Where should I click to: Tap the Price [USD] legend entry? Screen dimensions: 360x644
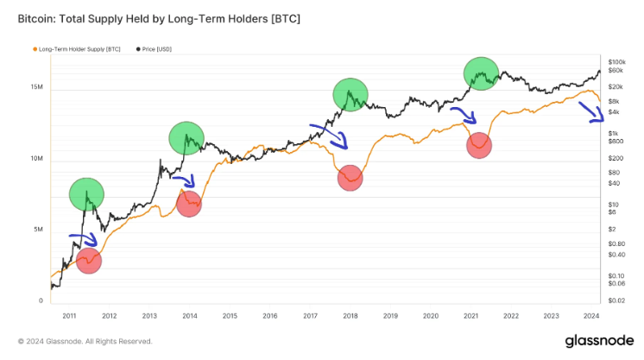pos(155,50)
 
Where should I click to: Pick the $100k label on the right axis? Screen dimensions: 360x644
pos(616,63)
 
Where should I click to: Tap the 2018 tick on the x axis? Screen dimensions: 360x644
pos(350,315)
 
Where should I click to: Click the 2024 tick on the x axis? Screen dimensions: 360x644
pos(590,315)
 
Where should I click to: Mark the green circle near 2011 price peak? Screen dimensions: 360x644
pos(86,195)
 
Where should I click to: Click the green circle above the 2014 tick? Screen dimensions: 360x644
pos(186,138)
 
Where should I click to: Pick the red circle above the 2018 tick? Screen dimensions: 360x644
pos(350,178)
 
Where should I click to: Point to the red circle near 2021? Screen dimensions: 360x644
pos(479,145)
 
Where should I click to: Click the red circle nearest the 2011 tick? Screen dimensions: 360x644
pos(88,261)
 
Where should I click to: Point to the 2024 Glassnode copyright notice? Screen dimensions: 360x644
pos(85,341)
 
